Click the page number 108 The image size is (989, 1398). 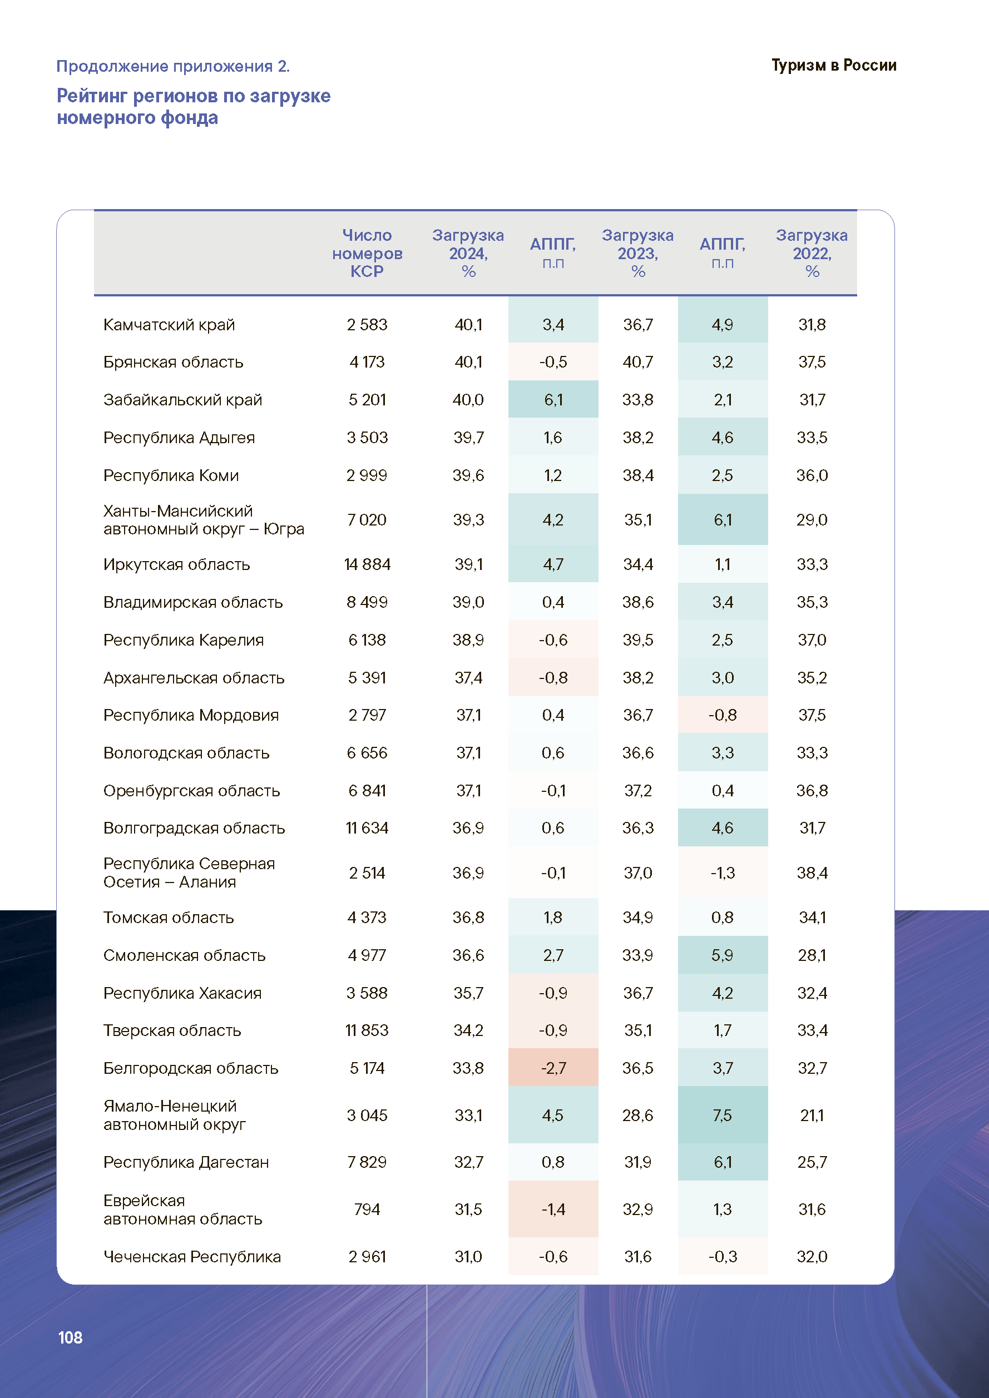coord(70,1337)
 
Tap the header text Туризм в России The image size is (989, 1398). coord(834,65)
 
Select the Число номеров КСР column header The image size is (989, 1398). coord(367,252)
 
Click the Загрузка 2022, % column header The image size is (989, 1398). coord(812,252)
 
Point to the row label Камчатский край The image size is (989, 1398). coord(169,325)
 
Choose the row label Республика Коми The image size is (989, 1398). coord(171,475)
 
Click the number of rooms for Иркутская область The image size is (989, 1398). coord(367,564)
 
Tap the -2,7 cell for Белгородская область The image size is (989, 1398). coord(553,1068)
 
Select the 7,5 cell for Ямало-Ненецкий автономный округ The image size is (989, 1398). coord(722,1115)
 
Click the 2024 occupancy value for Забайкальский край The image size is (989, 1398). coord(468,399)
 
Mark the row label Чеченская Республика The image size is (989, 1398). coord(192,1256)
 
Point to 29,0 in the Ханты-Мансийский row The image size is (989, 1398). coord(812,519)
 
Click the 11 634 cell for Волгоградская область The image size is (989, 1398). coord(367,827)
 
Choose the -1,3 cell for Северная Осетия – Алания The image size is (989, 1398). coord(722,872)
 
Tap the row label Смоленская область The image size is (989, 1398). coord(185,955)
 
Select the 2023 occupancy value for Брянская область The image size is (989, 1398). coord(637,361)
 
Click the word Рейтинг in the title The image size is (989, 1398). coord(92,96)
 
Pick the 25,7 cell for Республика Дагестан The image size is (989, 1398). coord(812,1162)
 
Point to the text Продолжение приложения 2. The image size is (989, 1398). coord(173,66)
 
